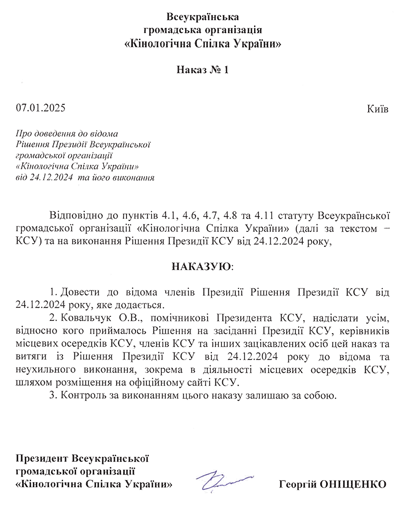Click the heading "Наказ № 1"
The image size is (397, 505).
pos(202,70)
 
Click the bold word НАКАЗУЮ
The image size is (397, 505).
pos(201,266)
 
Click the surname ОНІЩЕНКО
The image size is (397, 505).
pos(356,484)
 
